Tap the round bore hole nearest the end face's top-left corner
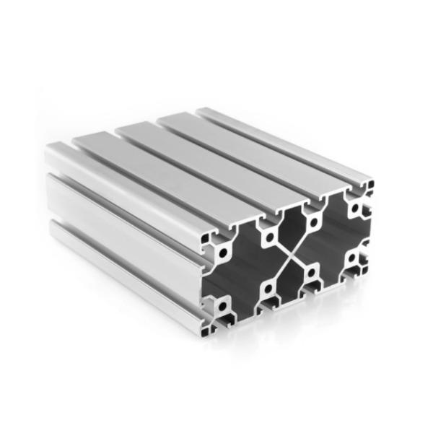(222, 252)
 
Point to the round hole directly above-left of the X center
(268, 237)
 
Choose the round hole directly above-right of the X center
(312, 219)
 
